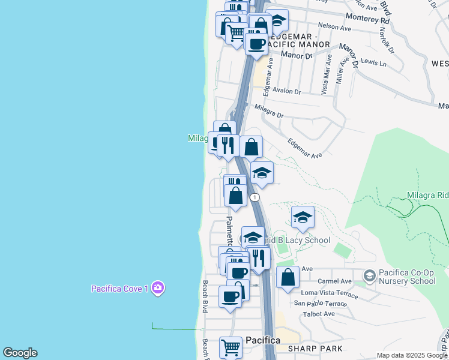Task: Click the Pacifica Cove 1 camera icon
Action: [158, 288]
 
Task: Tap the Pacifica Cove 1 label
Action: [119, 289]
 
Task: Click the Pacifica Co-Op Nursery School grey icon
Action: [370, 275]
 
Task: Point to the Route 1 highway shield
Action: [256, 197]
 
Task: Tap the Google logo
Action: [20, 353]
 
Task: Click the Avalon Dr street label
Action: [286, 91]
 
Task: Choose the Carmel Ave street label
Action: [334, 281]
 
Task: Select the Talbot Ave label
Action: [319, 314]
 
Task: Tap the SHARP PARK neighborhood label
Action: [315, 349]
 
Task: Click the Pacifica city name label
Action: [262, 340]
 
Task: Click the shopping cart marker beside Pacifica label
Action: [231, 346]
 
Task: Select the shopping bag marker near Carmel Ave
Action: [288, 277]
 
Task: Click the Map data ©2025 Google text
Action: [412, 355]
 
